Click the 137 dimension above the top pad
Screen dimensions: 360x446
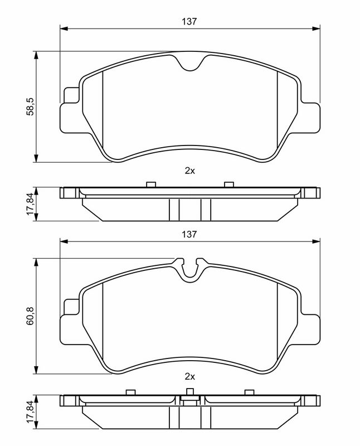pyautogui.click(x=189, y=21)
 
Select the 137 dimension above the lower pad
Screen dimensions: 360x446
pyautogui.click(x=189, y=234)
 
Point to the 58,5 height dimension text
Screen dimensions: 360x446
pyautogui.click(x=30, y=106)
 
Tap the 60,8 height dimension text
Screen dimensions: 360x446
pyautogui.click(x=30, y=316)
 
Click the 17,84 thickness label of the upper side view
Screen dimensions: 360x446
pyautogui.click(x=30, y=203)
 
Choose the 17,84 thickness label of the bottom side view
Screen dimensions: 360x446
pyautogui.click(x=30, y=411)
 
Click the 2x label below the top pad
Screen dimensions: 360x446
pyautogui.click(x=189, y=171)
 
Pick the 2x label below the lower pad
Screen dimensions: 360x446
pyautogui.click(x=189, y=377)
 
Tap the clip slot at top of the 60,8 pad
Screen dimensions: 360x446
pyautogui.click(x=190, y=270)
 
